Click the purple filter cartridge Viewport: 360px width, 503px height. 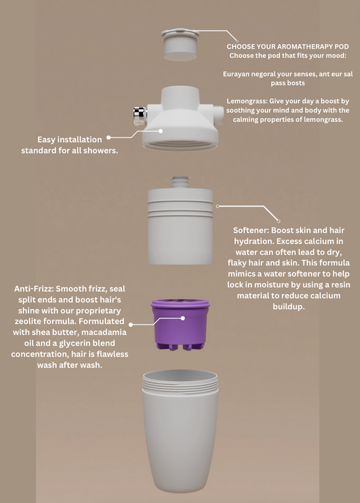click(180, 324)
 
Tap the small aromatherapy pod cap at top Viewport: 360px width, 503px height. click(180, 44)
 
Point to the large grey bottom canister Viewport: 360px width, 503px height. click(180, 431)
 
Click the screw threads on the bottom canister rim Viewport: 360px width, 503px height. click(180, 382)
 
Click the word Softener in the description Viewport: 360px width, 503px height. click(251, 231)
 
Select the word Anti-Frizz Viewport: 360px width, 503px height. click(34, 288)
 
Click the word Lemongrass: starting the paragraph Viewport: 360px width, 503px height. click(247, 101)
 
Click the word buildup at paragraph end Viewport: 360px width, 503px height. click(289, 306)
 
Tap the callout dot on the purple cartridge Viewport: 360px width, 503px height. click(183, 318)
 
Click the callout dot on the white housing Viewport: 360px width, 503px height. click(161, 131)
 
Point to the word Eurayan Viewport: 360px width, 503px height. click(236, 75)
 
